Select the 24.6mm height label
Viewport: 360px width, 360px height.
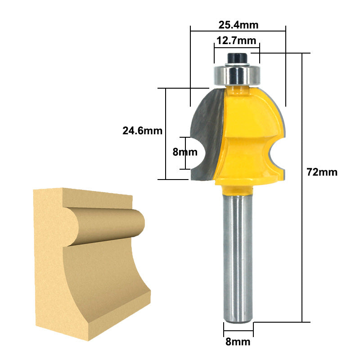click(x=142, y=130)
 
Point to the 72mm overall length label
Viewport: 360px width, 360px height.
click(x=322, y=172)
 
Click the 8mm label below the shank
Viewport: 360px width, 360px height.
click(x=238, y=342)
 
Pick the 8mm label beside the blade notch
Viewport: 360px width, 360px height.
click(x=185, y=152)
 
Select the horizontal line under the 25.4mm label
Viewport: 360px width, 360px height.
click(x=238, y=31)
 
